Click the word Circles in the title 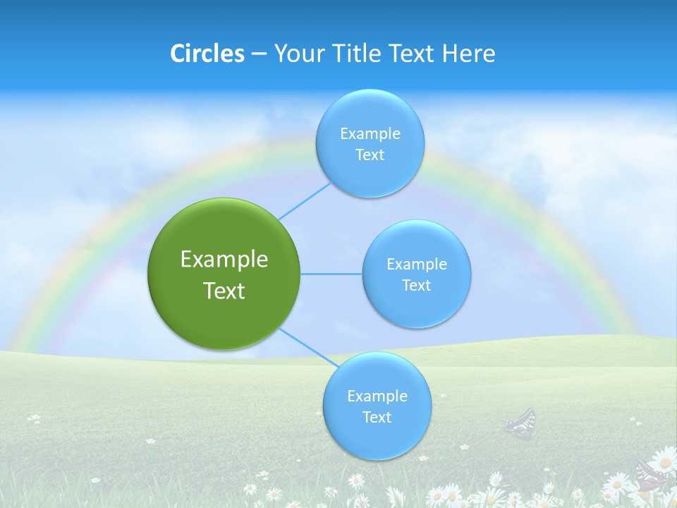207,54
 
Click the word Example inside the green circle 224,259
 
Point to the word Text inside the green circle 224,291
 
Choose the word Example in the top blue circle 370,133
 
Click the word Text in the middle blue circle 416,285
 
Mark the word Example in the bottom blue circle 377,396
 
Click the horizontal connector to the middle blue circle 331,274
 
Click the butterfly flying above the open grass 520,423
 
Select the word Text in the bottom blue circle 377,417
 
